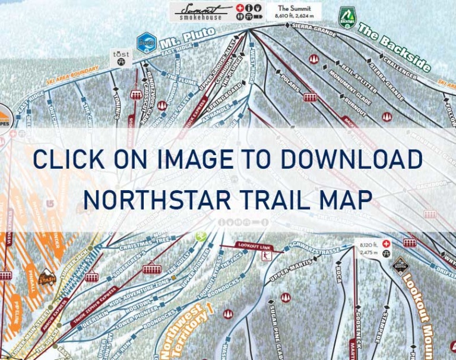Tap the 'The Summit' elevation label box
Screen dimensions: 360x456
[x=293, y=11]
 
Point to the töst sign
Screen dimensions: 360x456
[x=121, y=58]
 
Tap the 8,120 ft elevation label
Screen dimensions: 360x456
[x=368, y=244]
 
